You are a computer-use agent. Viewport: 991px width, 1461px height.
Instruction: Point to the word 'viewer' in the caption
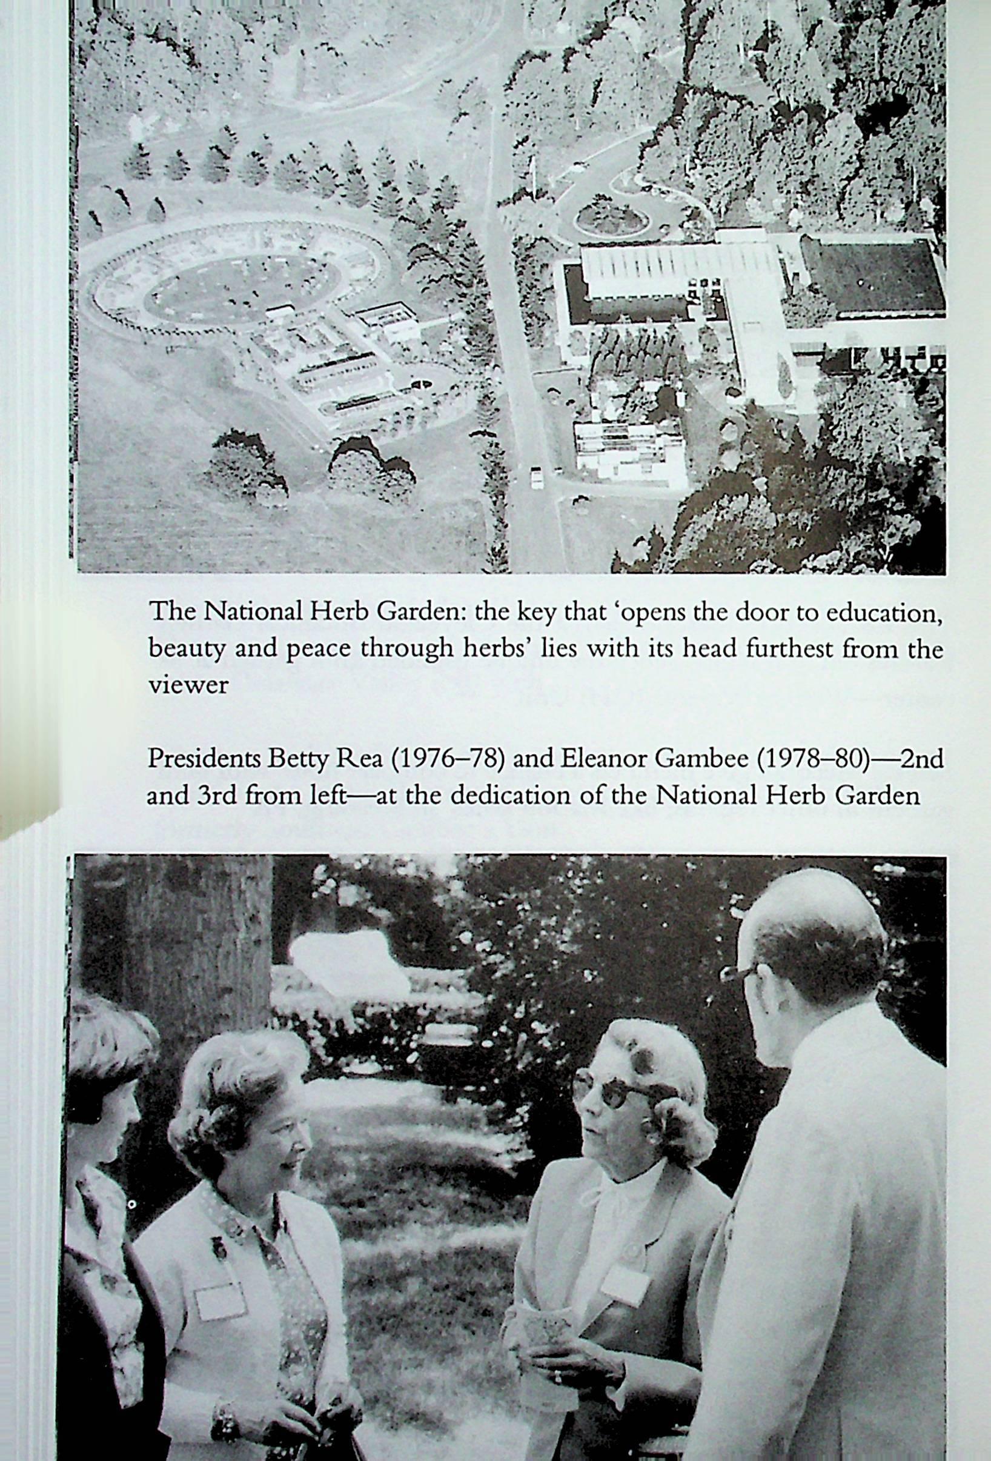coord(188,685)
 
